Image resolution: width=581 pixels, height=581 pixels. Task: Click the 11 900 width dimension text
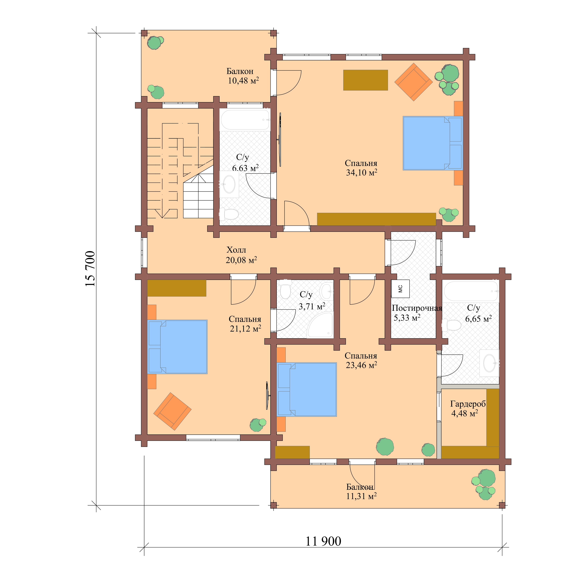(323, 541)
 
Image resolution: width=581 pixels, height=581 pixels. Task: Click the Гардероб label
(468, 404)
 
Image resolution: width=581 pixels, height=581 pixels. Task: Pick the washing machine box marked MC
(400, 289)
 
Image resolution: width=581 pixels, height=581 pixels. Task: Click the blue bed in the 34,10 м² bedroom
(432, 143)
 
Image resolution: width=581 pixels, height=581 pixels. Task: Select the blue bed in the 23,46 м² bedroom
(307, 390)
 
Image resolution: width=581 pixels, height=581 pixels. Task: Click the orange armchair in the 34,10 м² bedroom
(414, 82)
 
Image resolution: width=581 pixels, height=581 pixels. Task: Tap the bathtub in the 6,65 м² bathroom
(471, 291)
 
